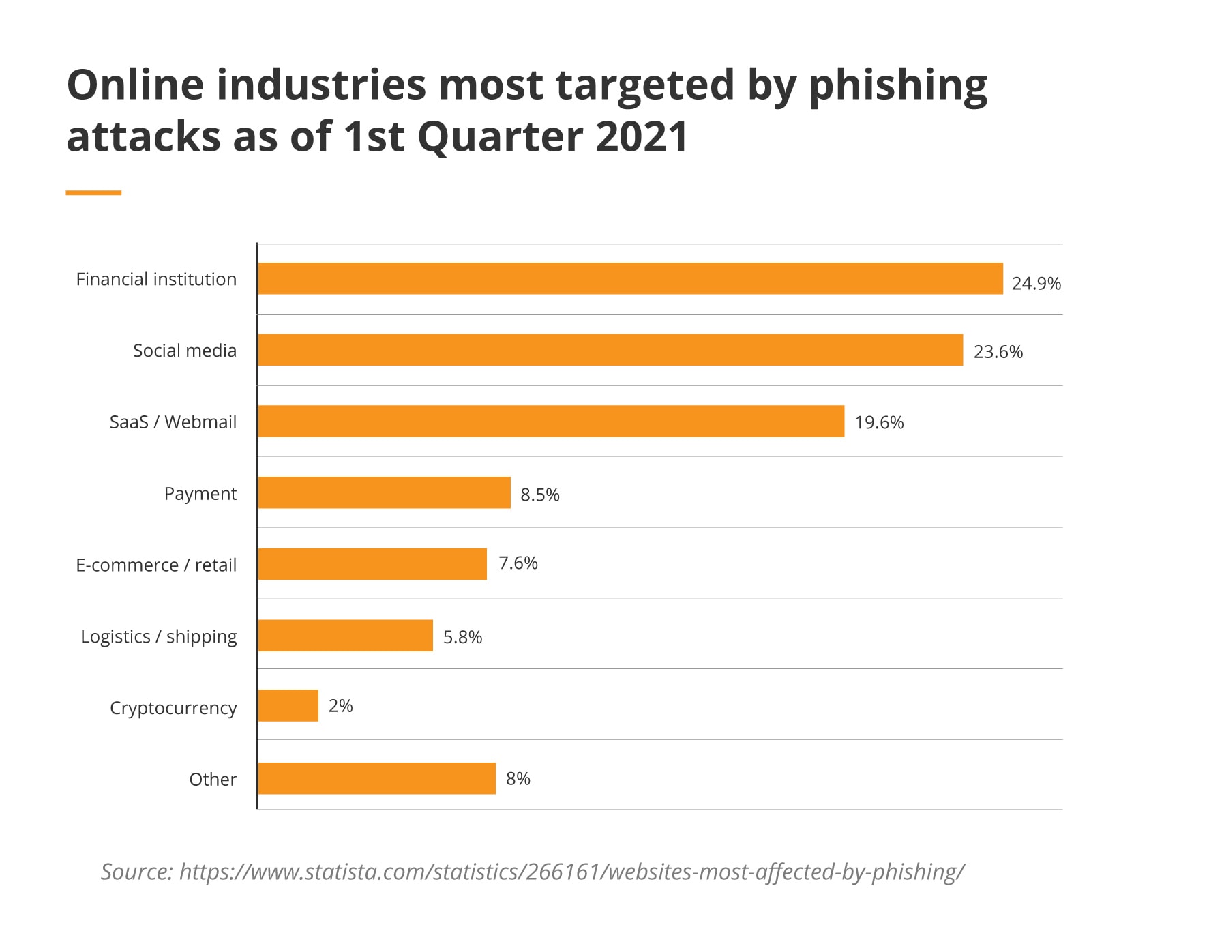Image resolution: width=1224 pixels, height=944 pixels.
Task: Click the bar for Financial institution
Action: (x=630, y=278)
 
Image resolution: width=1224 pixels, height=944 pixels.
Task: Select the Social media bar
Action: (x=610, y=350)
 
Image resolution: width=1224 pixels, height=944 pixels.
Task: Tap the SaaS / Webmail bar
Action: (x=551, y=421)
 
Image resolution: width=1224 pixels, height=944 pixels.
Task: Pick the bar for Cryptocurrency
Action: (x=288, y=705)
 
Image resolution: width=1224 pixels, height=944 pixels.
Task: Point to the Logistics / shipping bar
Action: (x=346, y=635)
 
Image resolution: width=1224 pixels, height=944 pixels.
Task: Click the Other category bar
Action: (x=377, y=778)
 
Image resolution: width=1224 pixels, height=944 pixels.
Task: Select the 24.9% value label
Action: (x=1036, y=283)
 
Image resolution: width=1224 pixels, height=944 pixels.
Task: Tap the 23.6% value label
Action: (x=998, y=352)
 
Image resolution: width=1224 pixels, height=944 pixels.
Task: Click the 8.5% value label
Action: (x=539, y=495)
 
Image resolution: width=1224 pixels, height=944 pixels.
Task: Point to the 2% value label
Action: (x=340, y=706)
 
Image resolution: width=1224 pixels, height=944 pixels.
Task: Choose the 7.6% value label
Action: (x=518, y=563)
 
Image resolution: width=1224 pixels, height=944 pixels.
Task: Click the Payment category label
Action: (x=200, y=494)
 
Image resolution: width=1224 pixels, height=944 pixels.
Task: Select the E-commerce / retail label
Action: (x=156, y=565)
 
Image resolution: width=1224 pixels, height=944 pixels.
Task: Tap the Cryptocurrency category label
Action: (x=173, y=708)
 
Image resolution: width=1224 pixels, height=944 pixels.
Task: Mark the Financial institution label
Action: (x=156, y=279)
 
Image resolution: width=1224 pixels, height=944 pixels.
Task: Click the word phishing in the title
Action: (x=897, y=86)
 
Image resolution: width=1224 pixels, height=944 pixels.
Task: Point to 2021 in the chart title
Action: (x=641, y=136)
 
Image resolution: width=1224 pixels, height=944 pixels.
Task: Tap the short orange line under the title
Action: (x=93, y=193)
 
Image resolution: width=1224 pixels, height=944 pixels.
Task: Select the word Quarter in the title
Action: (x=501, y=136)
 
